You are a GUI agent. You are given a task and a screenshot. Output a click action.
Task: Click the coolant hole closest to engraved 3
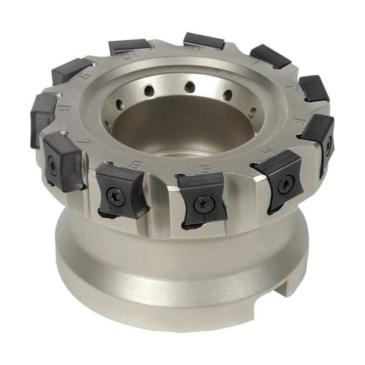click(252, 113)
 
